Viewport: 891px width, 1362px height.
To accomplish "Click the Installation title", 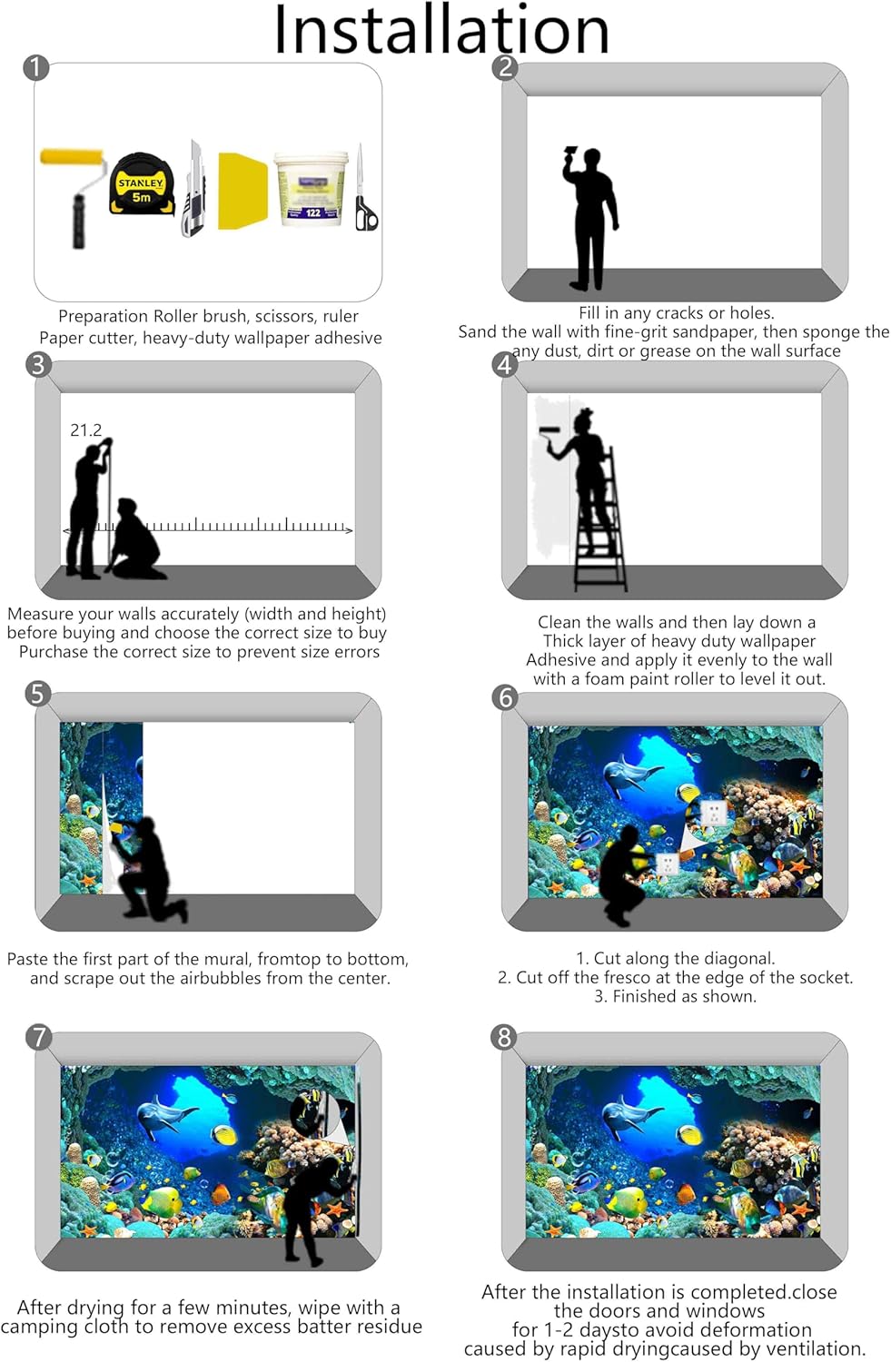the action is pyautogui.click(x=441, y=29).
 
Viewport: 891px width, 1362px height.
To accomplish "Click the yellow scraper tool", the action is pyautogui.click(x=243, y=191).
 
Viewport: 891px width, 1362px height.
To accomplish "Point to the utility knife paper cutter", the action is pyautogui.click(x=194, y=189).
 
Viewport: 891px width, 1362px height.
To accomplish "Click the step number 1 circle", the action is pyautogui.click(x=36, y=67).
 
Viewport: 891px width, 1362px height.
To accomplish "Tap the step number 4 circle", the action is pyautogui.click(x=505, y=365).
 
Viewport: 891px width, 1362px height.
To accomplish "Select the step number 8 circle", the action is pyautogui.click(x=503, y=1037).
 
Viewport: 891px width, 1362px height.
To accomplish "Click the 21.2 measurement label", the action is pyautogui.click(x=85, y=430).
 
